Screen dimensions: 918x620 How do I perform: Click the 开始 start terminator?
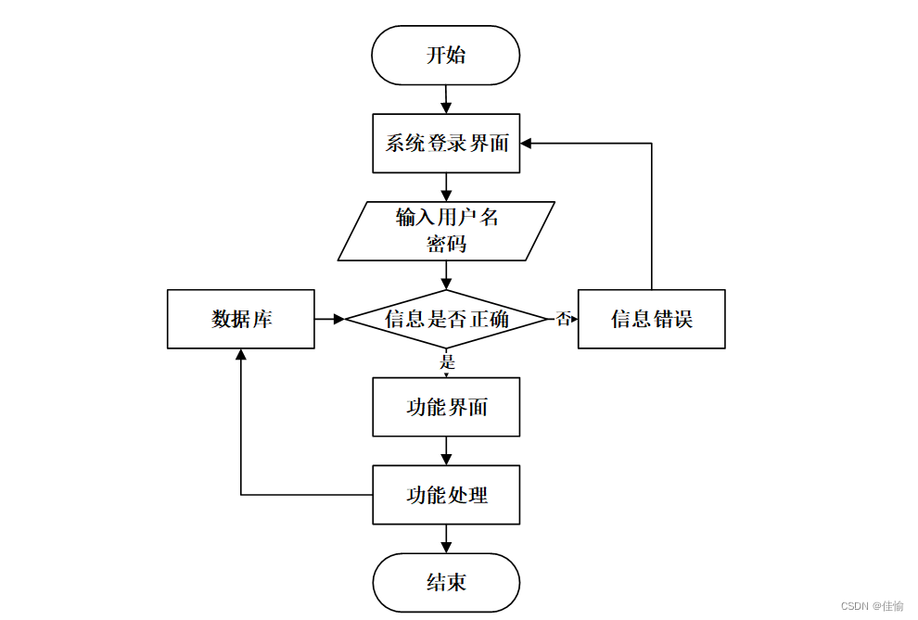(445, 55)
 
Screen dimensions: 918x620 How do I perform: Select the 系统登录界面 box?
(446, 144)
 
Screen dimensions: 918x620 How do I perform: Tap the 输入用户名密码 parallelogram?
(446, 231)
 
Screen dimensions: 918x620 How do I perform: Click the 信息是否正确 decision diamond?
(446, 319)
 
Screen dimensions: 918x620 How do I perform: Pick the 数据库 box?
(240, 319)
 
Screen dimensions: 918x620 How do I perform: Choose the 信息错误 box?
(652, 319)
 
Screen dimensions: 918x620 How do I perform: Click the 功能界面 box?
(446, 407)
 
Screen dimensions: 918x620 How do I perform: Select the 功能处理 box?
(446, 495)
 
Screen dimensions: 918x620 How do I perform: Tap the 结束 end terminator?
(446, 583)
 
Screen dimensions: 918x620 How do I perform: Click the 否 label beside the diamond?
(563, 319)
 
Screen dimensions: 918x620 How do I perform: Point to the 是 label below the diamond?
(447, 361)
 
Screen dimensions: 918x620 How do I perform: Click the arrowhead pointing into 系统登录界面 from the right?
(526, 144)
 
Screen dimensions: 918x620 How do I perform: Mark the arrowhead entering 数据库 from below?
(240, 354)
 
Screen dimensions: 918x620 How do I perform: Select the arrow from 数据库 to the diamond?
(329, 319)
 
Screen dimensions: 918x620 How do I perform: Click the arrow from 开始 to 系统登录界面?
(446, 99)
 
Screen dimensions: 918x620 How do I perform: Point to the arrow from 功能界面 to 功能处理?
(446, 451)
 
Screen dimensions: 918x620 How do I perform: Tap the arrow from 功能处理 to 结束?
(446, 538)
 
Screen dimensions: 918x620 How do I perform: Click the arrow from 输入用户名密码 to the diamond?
(446, 275)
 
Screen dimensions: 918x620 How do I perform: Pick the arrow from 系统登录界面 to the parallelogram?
(446, 187)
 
